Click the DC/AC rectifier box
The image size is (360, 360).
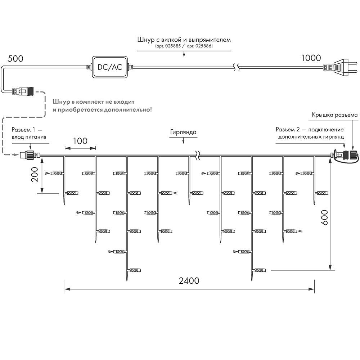coord(110,67)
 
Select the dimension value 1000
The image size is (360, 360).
coord(311,58)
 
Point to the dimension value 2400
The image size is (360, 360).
coord(189,281)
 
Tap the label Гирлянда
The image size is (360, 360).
coord(183,132)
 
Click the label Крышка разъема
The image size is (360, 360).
coord(335,115)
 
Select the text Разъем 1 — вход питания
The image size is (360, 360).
coord(29,133)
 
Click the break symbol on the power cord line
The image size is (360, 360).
coord(236,67)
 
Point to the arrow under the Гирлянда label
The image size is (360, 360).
coord(183,141)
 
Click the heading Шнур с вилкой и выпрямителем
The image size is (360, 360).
coord(184,40)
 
